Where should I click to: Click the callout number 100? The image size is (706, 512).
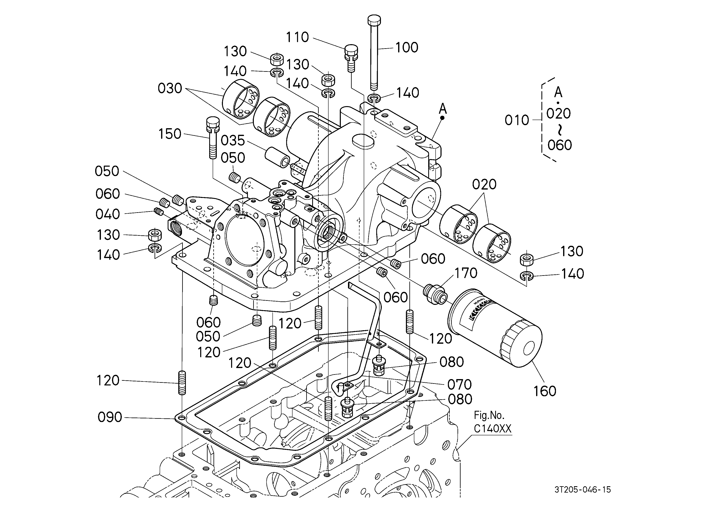(407, 48)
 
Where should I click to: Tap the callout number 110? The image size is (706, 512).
(297, 37)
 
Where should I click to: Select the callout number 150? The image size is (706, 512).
(170, 134)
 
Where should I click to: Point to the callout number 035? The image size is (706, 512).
(233, 140)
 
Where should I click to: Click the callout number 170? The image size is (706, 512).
(466, 273)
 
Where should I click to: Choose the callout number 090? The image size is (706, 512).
(110, 417)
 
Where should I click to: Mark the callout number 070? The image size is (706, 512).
(460, 385)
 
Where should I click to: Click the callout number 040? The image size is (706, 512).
(108, 214)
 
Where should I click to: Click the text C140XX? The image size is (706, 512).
(493, 429)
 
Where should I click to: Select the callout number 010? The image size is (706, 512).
(517, 120)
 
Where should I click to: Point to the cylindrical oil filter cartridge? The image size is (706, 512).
(495, 328)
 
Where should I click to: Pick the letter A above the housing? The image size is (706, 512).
(443, 109)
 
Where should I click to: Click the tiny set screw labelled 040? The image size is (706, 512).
(159, 212)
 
